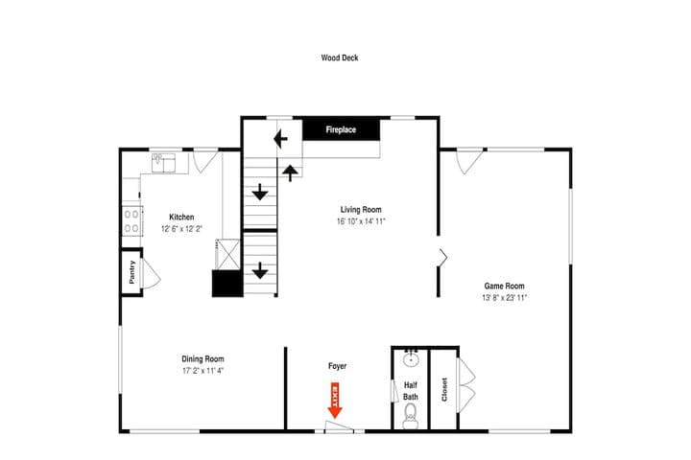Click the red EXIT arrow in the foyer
tap(335, 401)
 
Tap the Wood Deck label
tap(340, 57)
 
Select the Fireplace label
tap(341, 129)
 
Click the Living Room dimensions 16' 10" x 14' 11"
tap(361, 221)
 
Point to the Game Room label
tap(504, 286)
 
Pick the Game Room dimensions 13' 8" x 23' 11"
tap(504, 298)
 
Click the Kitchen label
tap(181, 217)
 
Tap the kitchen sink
tap(163, 162)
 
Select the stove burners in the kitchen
tap(131, 221)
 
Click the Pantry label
tap(131, 272)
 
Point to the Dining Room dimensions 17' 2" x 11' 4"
tap(203, 371)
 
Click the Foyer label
tap(337, 366)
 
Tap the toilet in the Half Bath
tap(411, 416)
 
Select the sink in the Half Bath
tap(411, 359)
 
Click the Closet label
tap(444, 390)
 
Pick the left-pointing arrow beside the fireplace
tap(280, 139)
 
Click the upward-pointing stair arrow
tap(290, 173)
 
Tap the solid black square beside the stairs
tap(227, 283)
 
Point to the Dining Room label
tap(203, 358)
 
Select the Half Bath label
tap(411, 391)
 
